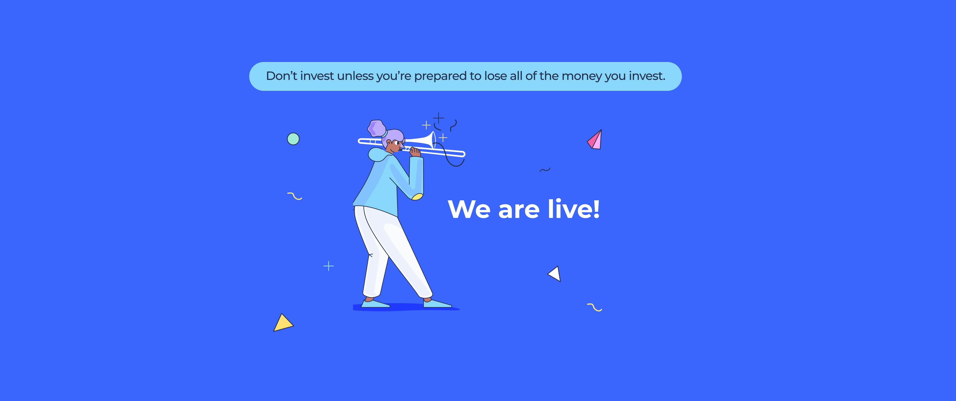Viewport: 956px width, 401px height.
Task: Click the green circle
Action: (x=293, y=139)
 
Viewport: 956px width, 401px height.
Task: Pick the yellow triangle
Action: (x=283, y=323)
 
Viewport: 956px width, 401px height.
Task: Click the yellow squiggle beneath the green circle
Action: (x=295, y=196)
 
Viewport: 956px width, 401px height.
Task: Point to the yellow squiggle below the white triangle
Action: (x=595, y=307)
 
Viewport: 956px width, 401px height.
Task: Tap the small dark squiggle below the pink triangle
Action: (x=544, y=170)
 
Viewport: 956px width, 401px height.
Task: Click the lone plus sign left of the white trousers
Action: (x=328, y=266)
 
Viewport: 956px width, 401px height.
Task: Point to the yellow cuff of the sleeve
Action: (x=417, y=197)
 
